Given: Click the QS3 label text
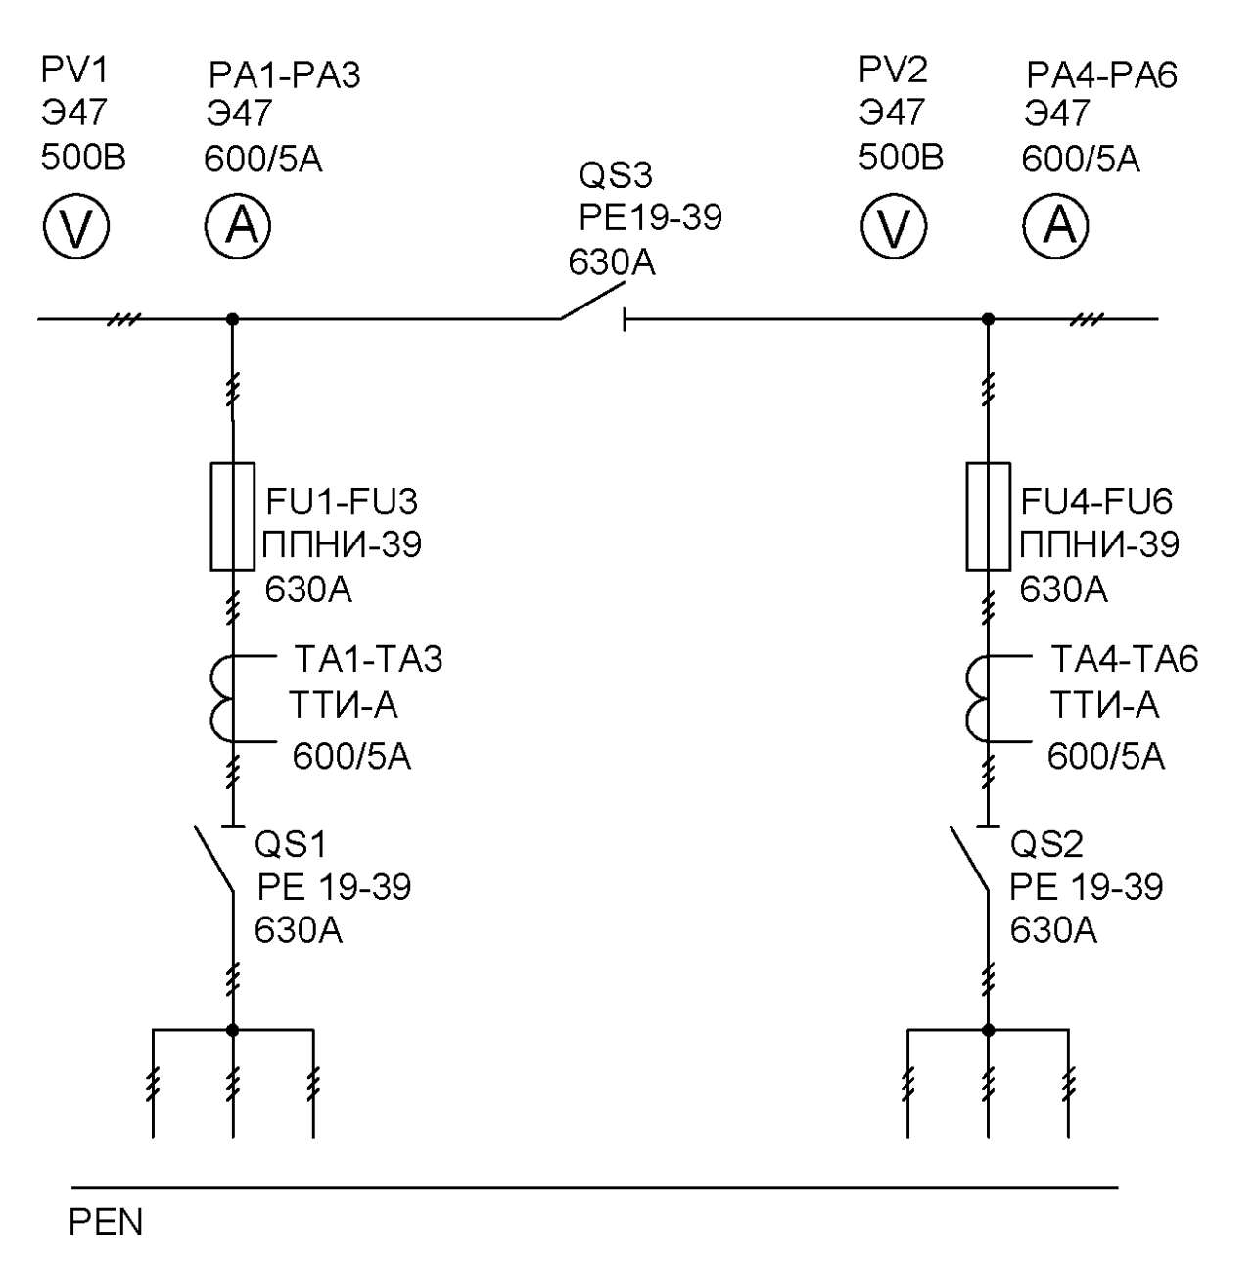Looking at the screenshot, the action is (x=616, y=175).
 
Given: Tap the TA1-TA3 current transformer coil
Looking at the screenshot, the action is (x=222, y=699).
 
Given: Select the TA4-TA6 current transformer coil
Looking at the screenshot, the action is (x=978, y=699).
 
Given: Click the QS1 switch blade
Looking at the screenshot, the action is (x=214, y=859).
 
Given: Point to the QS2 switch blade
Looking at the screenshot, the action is (x=970, y=859).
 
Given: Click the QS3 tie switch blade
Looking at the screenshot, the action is (x=592, y=301).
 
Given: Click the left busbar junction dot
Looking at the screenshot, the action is (x=232, y=320).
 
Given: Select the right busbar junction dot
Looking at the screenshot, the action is (x=988, y=320).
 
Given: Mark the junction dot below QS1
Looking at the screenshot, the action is (x=233, y=1030).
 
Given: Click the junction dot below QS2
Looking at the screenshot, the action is (x=988, y=1030).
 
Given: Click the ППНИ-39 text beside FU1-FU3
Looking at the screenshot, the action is (x=342, y=545).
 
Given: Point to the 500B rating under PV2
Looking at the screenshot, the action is (x=901, y=159).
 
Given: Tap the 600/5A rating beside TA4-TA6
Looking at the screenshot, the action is (x=1106, y=757).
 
